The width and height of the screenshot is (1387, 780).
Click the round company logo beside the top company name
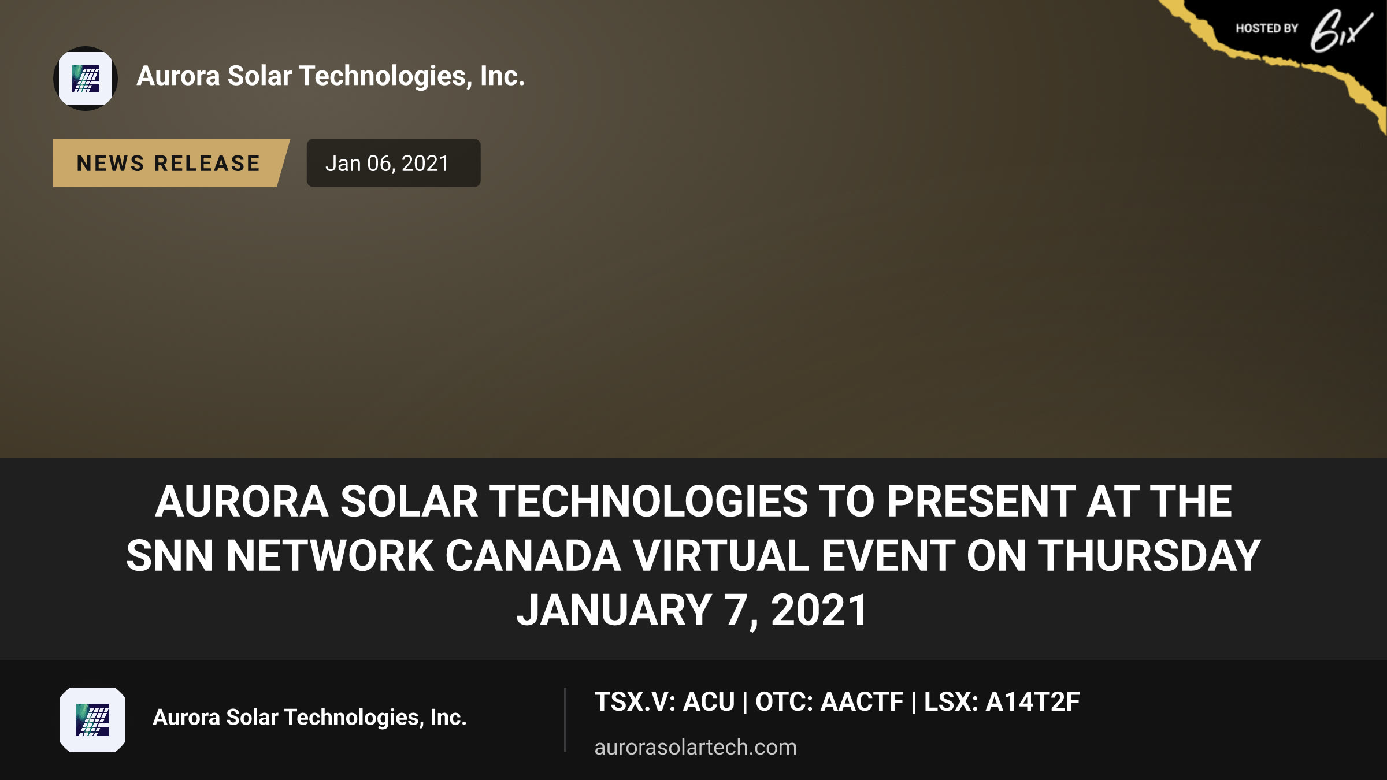click(x=86, y=79)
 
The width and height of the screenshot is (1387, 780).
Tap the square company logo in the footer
click(x=92, y=720)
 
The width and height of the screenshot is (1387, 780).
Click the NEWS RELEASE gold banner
click(x=170, y=163)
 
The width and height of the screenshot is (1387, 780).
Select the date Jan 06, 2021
click(x=387, y=164)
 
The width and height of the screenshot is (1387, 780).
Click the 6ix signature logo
click(x=1341, y=30)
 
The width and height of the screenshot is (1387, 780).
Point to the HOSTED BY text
click(x=1267, y=28)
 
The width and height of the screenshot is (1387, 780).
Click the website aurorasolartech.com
click(x=696, y=747)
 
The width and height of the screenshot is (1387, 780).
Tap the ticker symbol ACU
click(x=709, y=702)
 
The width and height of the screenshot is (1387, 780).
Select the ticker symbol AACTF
click(x=862, y=702)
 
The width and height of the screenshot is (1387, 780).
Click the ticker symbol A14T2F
click(x=1033, y=702)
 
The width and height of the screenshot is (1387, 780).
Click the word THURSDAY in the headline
click(x=1149, y=556)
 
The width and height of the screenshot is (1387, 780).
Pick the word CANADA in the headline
click(x=533, y=556)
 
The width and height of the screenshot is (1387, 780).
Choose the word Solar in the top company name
click(x=259, y=76)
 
